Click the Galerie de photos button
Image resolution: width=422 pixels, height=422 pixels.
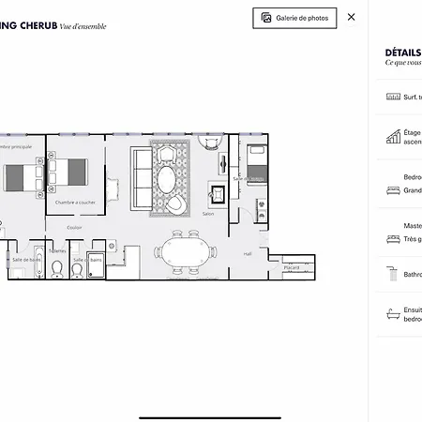pos(294,18)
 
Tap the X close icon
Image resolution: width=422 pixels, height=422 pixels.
pos(352,17)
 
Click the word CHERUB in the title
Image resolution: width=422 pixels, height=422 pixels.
pos(34,26)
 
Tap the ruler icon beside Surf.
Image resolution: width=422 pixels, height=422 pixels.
pos(393,97)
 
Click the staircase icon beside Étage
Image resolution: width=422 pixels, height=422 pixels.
pos(393,137)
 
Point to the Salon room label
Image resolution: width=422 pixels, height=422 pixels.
pos(208,214)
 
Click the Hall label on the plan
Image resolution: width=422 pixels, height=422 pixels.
pos(248,253)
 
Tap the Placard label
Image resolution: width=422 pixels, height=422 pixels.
pos(292,266)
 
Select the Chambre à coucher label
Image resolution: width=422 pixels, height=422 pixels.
pos(74,203)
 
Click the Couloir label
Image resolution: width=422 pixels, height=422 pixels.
pos(74,227)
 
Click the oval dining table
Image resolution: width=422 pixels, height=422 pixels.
pos(186,252)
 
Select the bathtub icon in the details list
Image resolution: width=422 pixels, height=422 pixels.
pos(393,312)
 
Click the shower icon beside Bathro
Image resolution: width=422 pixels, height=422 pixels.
pos(393,274)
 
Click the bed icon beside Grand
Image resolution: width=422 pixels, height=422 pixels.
pos(393,190)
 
